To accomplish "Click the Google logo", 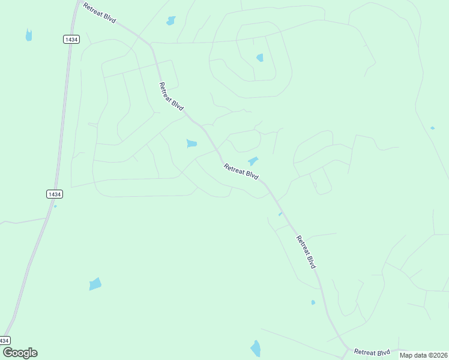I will pos(20,353).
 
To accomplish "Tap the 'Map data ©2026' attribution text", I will pos(423,355).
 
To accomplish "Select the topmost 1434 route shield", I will pos(71,39).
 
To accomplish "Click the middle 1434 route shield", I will pos(55,194).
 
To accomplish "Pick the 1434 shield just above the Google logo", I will pos(5,340).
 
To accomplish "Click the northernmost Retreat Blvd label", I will pos(100,13).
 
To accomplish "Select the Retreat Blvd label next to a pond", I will pos(241,172).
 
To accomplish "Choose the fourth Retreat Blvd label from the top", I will pos(306,252).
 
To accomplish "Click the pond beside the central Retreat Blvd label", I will pos(253,161).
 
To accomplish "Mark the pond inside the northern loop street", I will pos(260,58).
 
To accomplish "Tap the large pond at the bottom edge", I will pos(256,348).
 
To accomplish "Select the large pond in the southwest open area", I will pos(95,284).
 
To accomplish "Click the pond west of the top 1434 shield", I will pos(29,35).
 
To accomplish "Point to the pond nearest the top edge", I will pos(171,21).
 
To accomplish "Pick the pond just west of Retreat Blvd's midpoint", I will pos(191,143).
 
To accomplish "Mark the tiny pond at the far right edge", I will pos(432,128).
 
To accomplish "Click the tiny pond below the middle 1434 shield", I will pos(55,206).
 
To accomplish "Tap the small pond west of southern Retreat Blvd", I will pos(313,302).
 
